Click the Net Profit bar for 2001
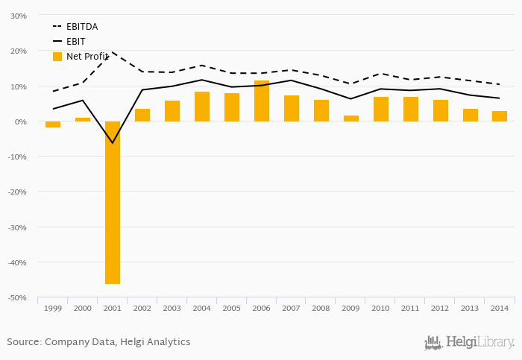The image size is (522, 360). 113,202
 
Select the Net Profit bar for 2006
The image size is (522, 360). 262,101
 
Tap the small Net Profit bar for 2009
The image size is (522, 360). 351,119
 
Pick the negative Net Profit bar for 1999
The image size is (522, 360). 53,124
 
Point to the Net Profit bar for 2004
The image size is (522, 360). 202,107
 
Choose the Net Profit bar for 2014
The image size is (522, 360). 500,116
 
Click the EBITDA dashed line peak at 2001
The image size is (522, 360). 113,52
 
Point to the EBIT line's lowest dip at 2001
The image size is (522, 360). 113,142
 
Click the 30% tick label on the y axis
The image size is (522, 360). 18,16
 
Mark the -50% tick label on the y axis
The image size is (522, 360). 16,297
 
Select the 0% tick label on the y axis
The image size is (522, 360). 20,121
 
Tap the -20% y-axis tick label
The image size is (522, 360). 16,192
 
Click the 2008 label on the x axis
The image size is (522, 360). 321,308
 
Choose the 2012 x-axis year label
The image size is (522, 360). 440,308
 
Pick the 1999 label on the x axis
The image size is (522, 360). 53,308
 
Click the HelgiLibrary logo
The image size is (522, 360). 469,342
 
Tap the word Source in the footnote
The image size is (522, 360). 23,342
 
